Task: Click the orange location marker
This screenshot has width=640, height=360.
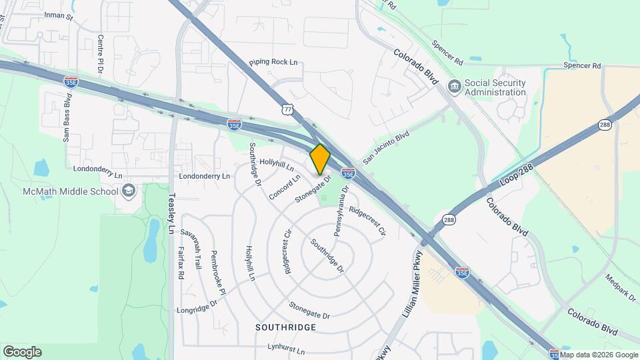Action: [x=320, y=159]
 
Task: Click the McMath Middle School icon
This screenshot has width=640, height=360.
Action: [x=129, y=192]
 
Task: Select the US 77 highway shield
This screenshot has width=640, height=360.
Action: [x=287, y=108]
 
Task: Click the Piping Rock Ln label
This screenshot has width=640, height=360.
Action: [x=273, y=62]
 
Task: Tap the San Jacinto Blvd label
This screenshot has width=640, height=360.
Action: [x=386, y=147]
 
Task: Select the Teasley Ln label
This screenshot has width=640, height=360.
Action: [x=171, y=214]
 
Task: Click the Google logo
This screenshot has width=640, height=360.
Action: [x=22, y=351]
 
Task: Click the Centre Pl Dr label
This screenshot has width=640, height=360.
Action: [x=101, y=55]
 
